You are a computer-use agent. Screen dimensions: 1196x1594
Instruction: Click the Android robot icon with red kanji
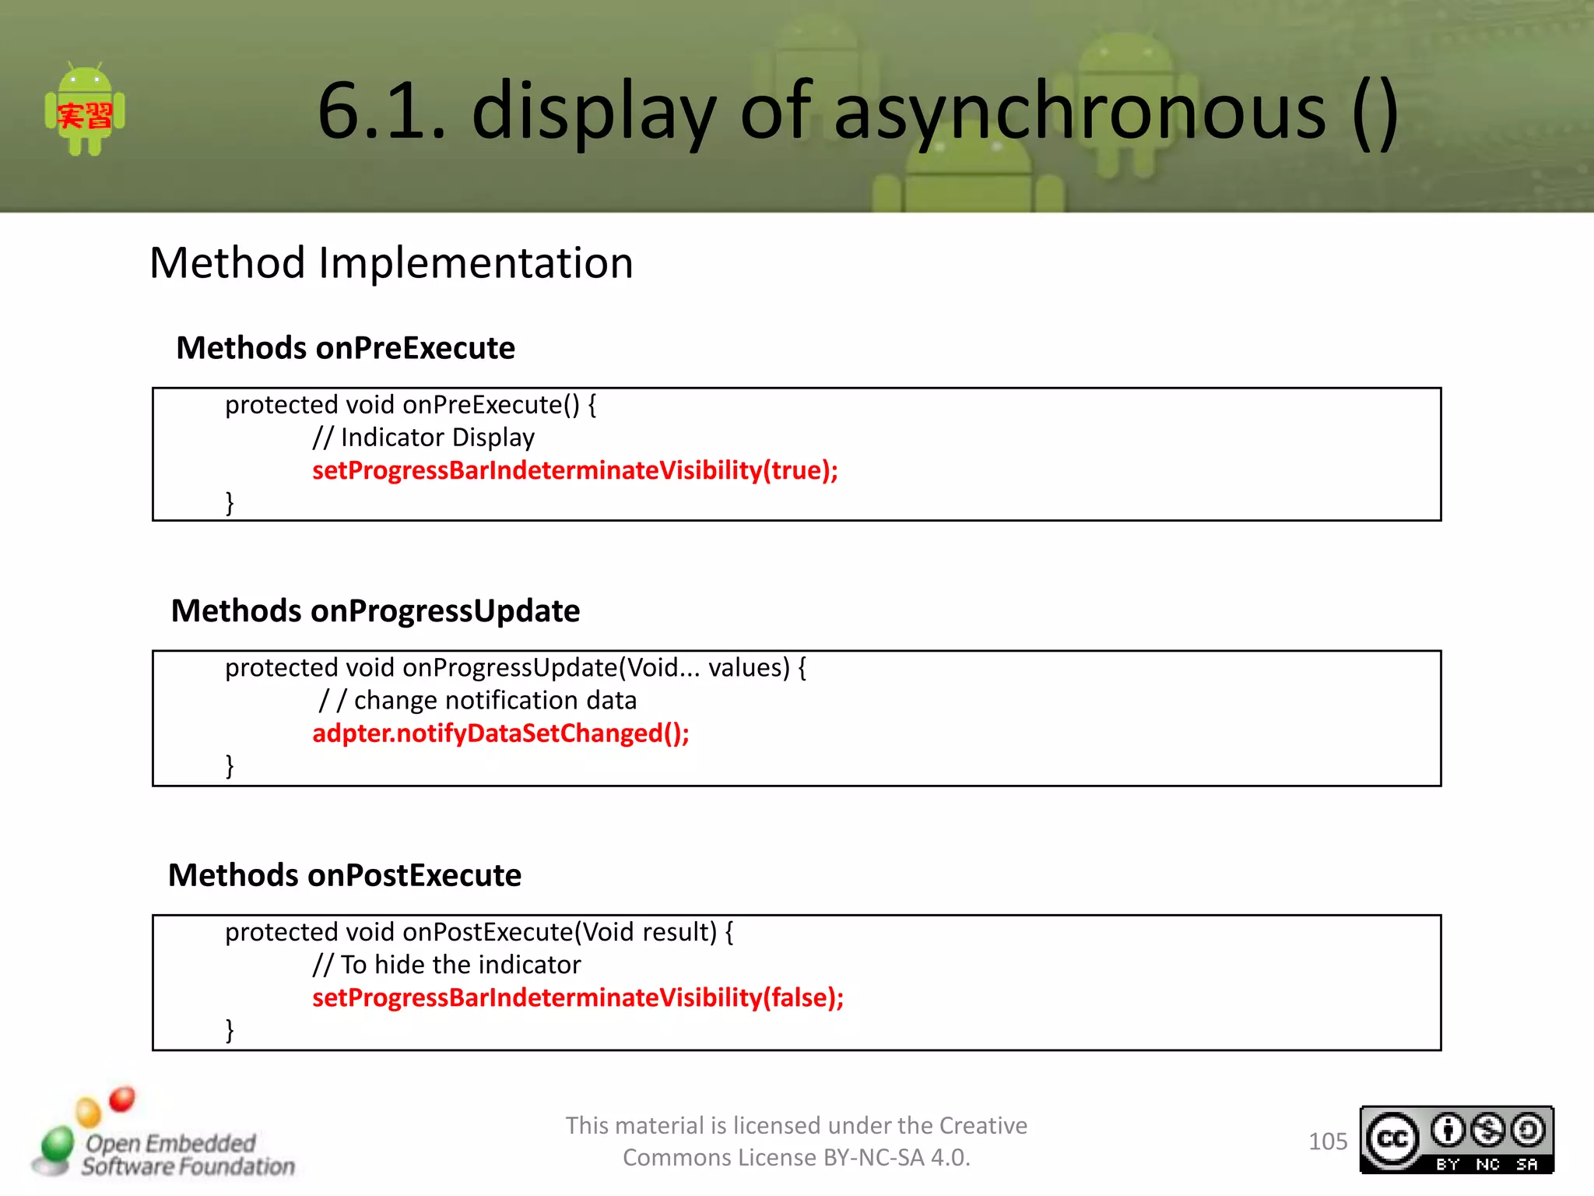click(x=85, y=111)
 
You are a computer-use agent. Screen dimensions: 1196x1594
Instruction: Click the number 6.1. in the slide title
click(x=382, y=112)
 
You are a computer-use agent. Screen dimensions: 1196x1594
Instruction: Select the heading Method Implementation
click(x=391, y=263)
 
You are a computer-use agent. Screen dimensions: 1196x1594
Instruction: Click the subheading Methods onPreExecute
click(x=346, y=348)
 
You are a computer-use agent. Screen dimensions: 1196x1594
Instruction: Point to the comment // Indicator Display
click(x=424, y=438)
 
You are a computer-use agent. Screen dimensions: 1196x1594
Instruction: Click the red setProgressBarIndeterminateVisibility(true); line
click(x=575, y=470)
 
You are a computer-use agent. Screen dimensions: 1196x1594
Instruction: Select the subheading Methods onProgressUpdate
click(x=375, y=611)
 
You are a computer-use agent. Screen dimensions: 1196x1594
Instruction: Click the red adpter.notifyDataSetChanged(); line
click(x=500, y=733)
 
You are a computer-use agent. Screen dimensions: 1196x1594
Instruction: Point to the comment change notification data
click(x=495, y=701)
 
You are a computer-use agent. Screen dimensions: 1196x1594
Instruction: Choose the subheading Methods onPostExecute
click(x=345, y=876)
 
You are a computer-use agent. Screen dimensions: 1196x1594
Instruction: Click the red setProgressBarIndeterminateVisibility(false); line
click(x=578, y=998)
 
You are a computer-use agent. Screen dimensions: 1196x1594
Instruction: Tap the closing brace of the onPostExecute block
click(x=230, y=1030)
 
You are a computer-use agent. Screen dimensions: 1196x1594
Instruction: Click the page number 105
click(x=1327, y=1141)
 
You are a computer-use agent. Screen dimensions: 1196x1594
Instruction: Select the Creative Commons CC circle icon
click(x=1392, y=1140)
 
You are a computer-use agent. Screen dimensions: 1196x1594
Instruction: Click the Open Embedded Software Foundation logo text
click(x=187, y=1155)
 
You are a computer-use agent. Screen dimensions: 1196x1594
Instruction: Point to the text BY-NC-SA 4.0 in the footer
click(x=895, y=1159)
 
